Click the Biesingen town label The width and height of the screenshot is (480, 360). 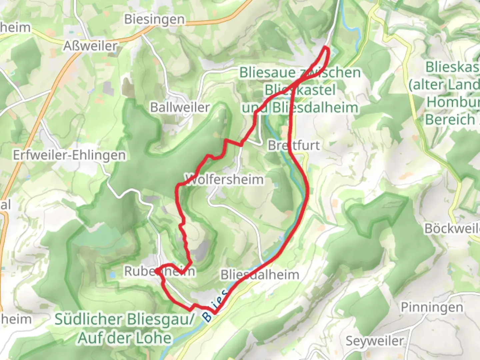(154, 20)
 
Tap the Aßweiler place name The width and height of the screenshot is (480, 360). (90, 46)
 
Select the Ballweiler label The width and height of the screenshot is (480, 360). (180, 107)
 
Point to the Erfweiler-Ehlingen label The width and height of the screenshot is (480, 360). (69, 155)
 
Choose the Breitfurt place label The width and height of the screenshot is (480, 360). (294, 145)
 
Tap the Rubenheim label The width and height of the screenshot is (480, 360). (159, 271)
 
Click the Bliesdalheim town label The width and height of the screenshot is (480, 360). (260, 275)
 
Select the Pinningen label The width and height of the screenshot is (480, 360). (432, 307)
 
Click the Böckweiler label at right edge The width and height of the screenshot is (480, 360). (452, 229)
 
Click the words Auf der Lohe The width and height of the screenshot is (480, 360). (125, 338)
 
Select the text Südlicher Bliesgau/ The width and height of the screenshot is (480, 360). (124, 319)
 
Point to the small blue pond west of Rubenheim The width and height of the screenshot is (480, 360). (112, 275)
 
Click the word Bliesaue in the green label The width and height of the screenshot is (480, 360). (267, 73)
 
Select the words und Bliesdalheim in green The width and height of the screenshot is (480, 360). (300, 108)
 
